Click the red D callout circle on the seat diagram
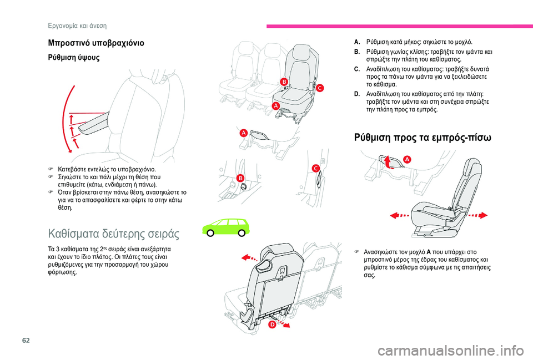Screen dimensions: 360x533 coord(272,325)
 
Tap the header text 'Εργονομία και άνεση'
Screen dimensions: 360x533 coord(76,26)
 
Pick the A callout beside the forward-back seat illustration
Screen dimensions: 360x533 coord(406,159)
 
